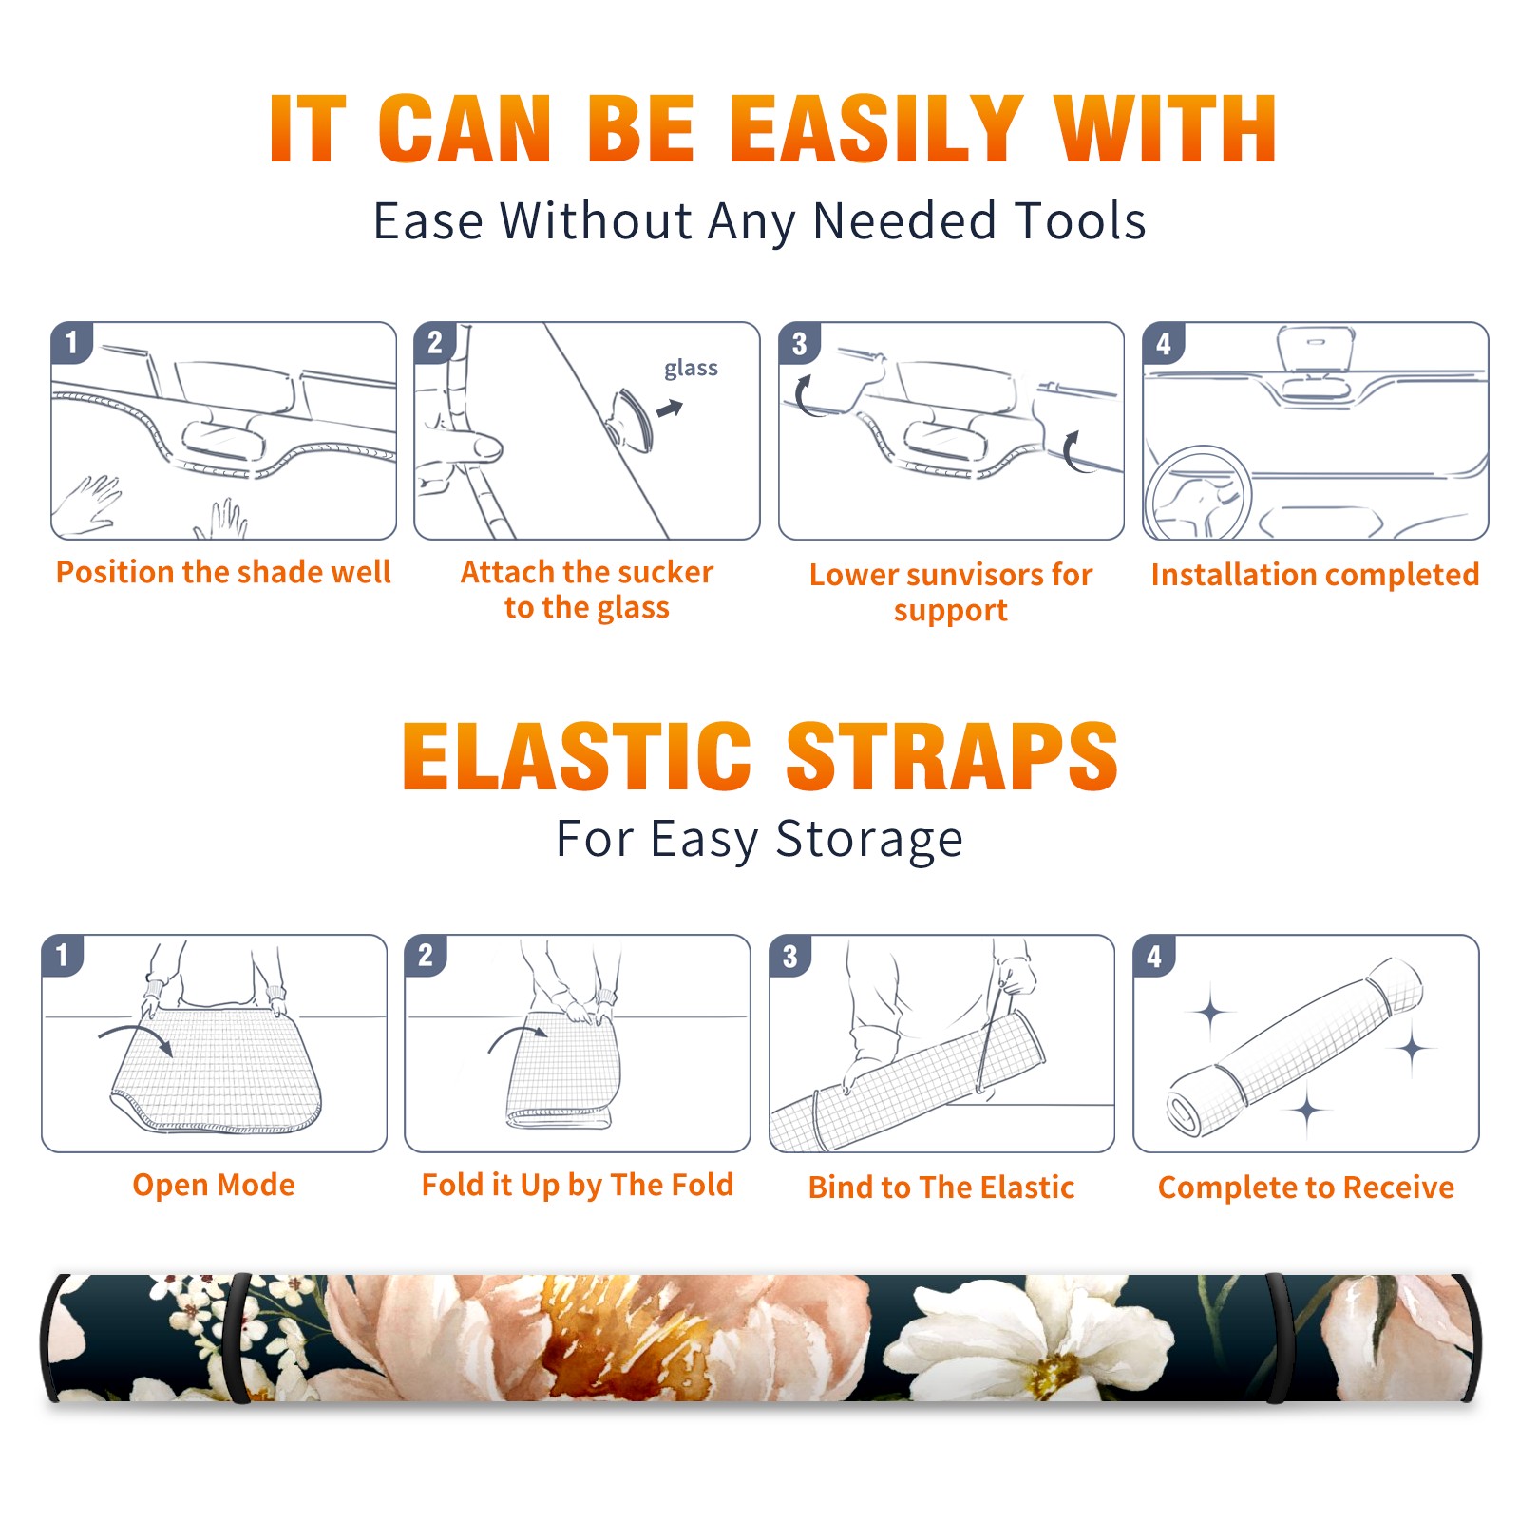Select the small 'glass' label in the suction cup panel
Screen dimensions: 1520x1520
click(x=691, y=369)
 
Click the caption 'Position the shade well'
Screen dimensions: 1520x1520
click(x=223, y=572)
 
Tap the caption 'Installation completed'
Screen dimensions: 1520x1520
click(x=1315, y=574)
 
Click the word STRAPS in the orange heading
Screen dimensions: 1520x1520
click(x=952, y=756)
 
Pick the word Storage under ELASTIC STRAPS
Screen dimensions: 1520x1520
click(x=869, y=841)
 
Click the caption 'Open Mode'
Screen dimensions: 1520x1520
click(x=214, y=1185)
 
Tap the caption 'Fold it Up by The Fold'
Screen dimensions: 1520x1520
click(x=578, y=1185)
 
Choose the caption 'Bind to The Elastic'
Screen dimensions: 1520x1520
click(x=941, y=1187)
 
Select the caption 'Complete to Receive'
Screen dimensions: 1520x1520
click(x=1306, y=1187)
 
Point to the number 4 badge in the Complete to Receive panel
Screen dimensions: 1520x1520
click(x=1154, y=956)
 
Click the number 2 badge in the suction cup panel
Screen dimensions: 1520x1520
click(x=435, y=343)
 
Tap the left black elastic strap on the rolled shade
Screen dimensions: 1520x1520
click(x=238, y=1338)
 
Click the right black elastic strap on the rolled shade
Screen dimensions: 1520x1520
click(x=1278, y=1338)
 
